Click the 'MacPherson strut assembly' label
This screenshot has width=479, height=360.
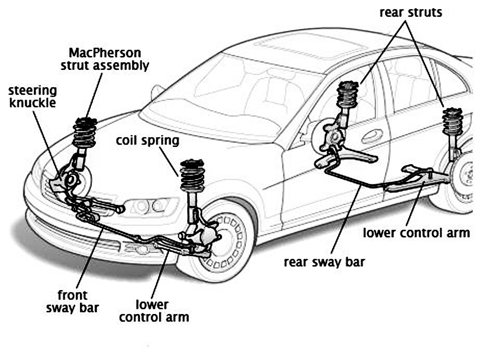click(104, 58)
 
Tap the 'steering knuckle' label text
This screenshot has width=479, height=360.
click(33, 96)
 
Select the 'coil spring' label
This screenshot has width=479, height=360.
click(148, 141)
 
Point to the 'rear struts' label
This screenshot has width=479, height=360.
click(411, 12)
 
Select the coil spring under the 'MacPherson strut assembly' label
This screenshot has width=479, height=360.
click(85, 132)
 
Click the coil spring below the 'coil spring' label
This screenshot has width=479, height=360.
click(193, 176)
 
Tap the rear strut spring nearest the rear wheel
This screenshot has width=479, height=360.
click(452, 122)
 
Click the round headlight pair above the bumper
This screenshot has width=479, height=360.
click(148, 206)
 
